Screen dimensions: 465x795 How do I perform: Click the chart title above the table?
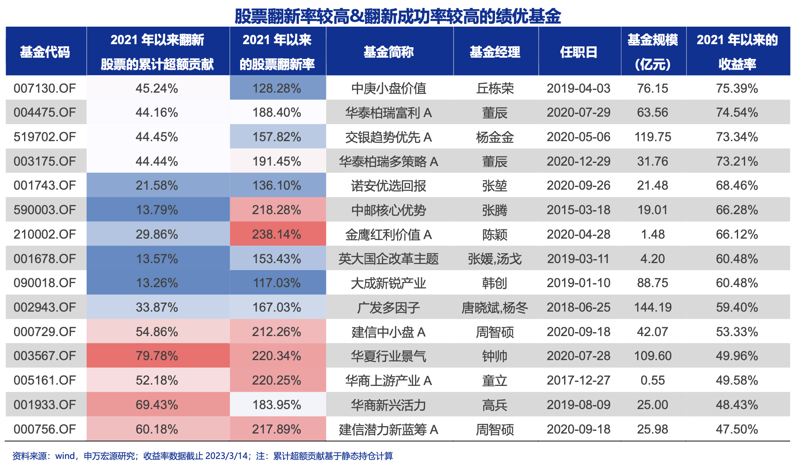(x=397, y=16)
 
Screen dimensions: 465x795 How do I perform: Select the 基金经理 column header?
(x=495, y=52)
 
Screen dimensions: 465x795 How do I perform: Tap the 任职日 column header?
(x=579, y=52)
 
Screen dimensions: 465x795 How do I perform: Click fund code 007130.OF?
(x=45, y=88)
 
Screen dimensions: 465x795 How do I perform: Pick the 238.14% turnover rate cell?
(x=277, y=235)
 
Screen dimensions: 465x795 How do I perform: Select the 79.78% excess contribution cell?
(x=157, y=356)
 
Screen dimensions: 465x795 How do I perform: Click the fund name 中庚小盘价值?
(x=388, y=88)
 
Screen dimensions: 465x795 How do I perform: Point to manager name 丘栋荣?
(x=495, y=88)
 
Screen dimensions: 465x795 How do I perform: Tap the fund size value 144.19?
(x=652, y=307)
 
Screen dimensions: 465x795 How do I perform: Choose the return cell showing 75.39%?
(x=737, y=88)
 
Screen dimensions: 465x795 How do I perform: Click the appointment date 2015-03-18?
(x=579, y=210)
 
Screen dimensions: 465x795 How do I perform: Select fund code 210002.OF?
(x=45, y=235)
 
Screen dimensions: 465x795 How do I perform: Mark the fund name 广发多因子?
(x=388, y=307)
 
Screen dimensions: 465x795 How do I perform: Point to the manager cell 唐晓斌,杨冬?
(x=495, y=307)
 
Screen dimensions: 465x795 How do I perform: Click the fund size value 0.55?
(x=652, y=380)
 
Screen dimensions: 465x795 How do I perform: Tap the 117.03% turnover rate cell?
(x=277, y=283)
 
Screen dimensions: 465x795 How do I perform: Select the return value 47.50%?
(x=737, y=429)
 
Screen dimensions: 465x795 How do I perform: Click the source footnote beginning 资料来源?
(x=203, y=456)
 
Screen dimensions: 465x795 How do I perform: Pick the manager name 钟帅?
(x=495, y=356)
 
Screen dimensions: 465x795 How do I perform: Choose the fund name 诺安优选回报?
(x=388, y=186)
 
